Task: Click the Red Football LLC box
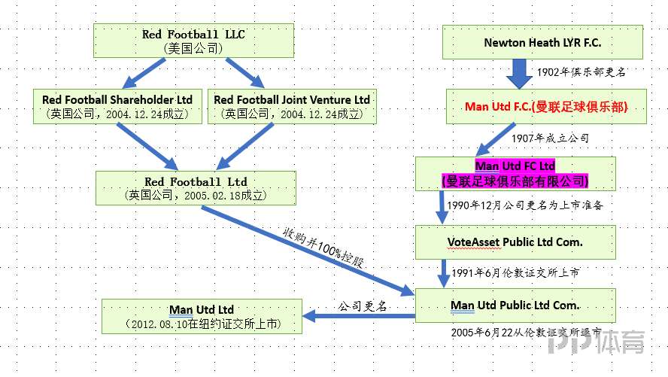click(x=193, y=41)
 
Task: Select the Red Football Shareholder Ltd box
click(x=117, y=107)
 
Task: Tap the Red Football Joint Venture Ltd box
click(x=292, y=107)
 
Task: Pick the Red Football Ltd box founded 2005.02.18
click(x=195, y=188)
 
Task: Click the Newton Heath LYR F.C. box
click(x=542, y=43)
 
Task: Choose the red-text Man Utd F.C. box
click(x=546, y=107)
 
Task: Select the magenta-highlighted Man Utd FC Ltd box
click(x=515, y=173)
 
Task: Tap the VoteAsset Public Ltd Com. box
click(x=515, y=242)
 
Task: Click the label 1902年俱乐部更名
click(x=581, y=72)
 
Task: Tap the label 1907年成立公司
click(x=550, y=139)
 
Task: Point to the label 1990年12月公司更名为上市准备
click(x=524, y=205)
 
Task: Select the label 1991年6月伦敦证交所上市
click(x=515, y=272)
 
